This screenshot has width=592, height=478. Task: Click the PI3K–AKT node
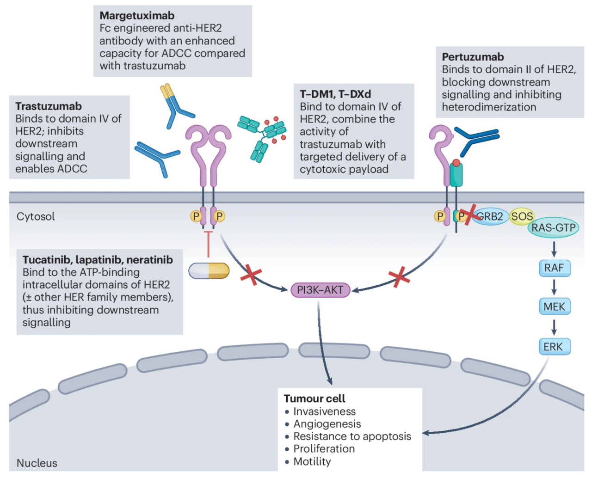point(320,290)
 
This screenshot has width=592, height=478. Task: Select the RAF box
point(554,268)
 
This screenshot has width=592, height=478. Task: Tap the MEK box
point(554,306)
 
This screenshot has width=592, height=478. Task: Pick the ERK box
point(554,347)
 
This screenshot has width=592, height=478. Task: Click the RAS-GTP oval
point(553,227)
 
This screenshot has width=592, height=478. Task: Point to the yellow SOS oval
point(522,216)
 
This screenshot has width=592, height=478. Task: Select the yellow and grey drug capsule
point(209,271)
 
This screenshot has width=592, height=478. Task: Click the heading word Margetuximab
point(137,16)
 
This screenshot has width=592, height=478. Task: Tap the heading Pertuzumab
point(473,57)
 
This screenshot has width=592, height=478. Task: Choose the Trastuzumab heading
point(49,106)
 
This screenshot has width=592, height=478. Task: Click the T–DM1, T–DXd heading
point(335,94)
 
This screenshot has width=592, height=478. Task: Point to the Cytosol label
point(36,216)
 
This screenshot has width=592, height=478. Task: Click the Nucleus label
point(37,463)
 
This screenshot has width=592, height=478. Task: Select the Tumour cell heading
point(314,398)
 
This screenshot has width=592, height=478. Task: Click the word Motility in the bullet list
point(312,461)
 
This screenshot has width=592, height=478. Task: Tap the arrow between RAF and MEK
point(554,287)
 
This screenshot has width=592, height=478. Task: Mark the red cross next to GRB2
point(469,215)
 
